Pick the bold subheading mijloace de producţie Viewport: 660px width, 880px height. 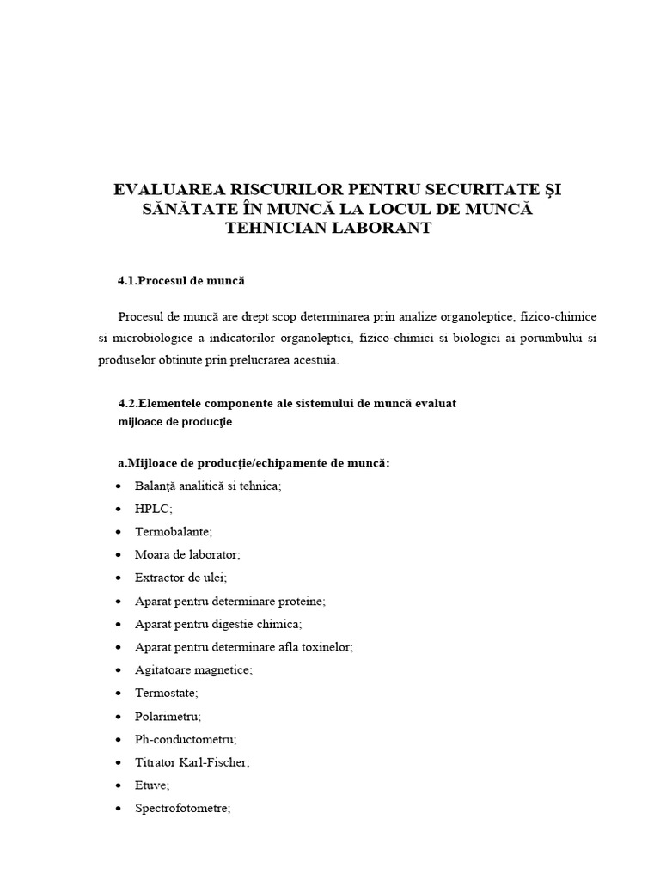[174, 421]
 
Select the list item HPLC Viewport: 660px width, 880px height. [153, 509]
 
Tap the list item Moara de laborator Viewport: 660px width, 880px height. [187, 554]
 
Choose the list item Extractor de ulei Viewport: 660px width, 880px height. [180, 577]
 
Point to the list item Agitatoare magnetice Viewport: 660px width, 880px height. [193, 669]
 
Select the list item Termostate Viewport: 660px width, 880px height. [166, 693]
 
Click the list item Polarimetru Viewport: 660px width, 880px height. [168, 716]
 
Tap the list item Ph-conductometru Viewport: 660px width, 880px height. [185, 739]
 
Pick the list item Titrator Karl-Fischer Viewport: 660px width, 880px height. [192, 762]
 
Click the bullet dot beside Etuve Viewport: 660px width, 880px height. [118, 785]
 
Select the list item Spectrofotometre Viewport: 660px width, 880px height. [182, 808]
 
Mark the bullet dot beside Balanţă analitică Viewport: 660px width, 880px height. [118, 486]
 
